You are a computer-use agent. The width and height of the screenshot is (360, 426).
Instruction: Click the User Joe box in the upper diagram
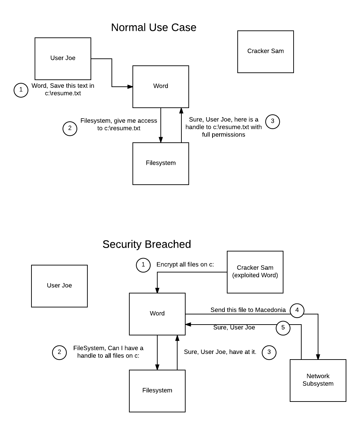point(63,59)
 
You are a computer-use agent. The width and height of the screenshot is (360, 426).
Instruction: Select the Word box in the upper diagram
point(161,87)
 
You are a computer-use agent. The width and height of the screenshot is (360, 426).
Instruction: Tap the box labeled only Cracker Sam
point(266,52)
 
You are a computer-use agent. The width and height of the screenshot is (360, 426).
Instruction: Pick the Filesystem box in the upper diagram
point(161,164)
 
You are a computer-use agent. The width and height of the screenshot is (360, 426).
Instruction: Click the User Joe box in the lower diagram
point(59,286)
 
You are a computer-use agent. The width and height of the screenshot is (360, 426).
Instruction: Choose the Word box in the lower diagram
point(157,314)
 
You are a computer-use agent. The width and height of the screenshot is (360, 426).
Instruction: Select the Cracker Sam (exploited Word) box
point(255,272)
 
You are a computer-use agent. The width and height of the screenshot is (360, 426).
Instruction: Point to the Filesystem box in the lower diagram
point(157,391)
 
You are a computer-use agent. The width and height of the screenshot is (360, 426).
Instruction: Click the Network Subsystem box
point(318,381)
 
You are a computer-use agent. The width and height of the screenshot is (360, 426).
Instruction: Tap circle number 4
point(297,311)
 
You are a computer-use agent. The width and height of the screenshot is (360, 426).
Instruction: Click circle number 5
point(283,328)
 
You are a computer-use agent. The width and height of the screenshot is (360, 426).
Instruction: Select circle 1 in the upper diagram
point(21,90)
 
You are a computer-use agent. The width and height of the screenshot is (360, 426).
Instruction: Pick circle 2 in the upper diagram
point(70,129)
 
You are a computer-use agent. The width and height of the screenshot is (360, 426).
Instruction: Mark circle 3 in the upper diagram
point(273,122)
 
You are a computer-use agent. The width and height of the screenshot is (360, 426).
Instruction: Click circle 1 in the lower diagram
point(143,265)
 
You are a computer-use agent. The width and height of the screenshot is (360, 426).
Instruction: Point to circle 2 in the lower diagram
point(59,353)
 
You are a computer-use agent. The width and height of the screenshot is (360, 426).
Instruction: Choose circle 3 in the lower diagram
point(269,353)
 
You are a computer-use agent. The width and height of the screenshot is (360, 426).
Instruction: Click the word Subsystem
point(318,384)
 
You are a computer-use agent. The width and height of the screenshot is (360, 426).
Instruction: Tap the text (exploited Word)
point(255,275)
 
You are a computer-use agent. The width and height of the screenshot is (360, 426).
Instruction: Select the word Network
point(318,376)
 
